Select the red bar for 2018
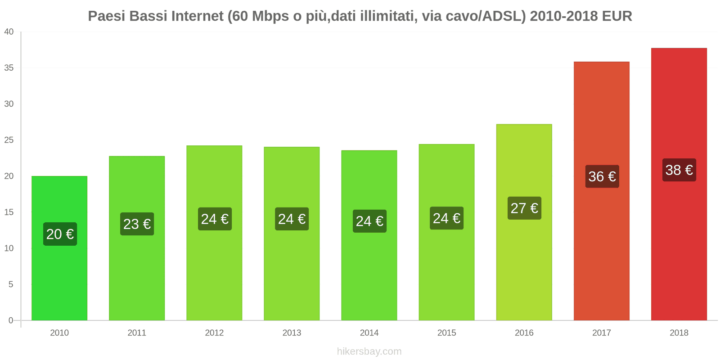click(x=679, y=247)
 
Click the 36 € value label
click(x=602, y=176)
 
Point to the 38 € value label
click(x=679, y=170)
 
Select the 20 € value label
click(x=60, y=234)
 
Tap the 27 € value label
click(x=524, y=208)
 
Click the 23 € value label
click(x=137, y=224)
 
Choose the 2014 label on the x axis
click(x=369, y=333)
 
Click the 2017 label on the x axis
click(x=601, y=333)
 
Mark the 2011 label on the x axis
click(x=137, y=333)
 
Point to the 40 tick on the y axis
click(x=9, y=31)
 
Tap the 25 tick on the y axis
click(x=9, y=140)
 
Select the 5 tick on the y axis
click(x=11, y=284)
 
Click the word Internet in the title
click(x=197, y=16)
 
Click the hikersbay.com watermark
click(x=369, y=351)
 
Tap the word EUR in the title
click(x=617, y=16)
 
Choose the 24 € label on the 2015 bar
click(x=446, y=218)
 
